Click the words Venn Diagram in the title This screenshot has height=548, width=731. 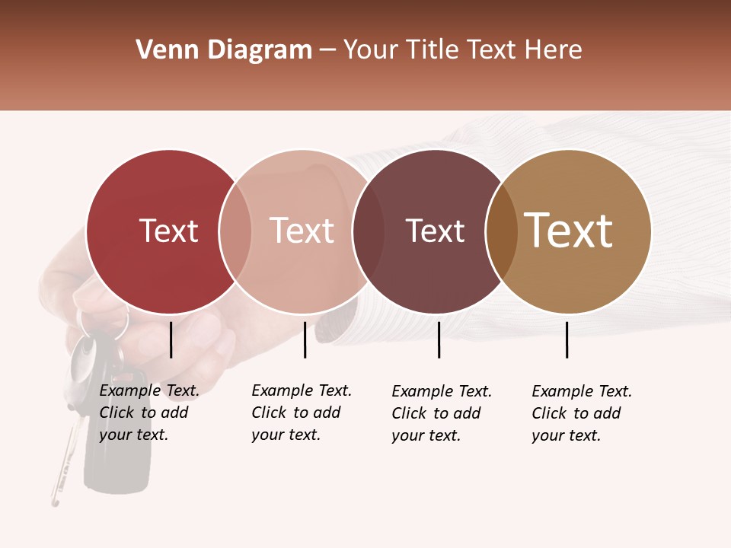pyautogui.click(x=224, y=50)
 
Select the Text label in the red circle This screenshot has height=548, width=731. pyautogui.click(x=168, y=231)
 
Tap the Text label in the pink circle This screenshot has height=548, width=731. pyautogui.click(x=302, y=231)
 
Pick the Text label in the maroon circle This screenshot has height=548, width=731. pyautogui.click(x=435, y=231)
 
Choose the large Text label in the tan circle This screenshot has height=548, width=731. pyautogui.click(x=568, y=231)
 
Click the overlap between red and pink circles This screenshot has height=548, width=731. pyautogui.click(x=235, y=231)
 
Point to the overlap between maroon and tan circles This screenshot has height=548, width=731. pyautogui.click(x=501, y=231)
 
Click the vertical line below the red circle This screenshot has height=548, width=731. pyautogui.click(x=171, y=339)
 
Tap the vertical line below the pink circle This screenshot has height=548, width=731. pyautogui.click(x=305, y=339)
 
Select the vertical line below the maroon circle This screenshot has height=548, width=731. pyautogui.click(x=439, y=339)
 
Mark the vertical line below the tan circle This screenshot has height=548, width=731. pyautogui.click(x=567, y=339)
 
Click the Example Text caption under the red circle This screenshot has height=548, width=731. pyautogui.click(x=149, y=413)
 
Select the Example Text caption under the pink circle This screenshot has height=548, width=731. pyautogui.click(x=302, y=413)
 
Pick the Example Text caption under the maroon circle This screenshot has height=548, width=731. pyautogui.click(x=442, y=413)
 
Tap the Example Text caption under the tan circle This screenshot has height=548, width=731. pyautogui.click(x=582, y=413)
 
